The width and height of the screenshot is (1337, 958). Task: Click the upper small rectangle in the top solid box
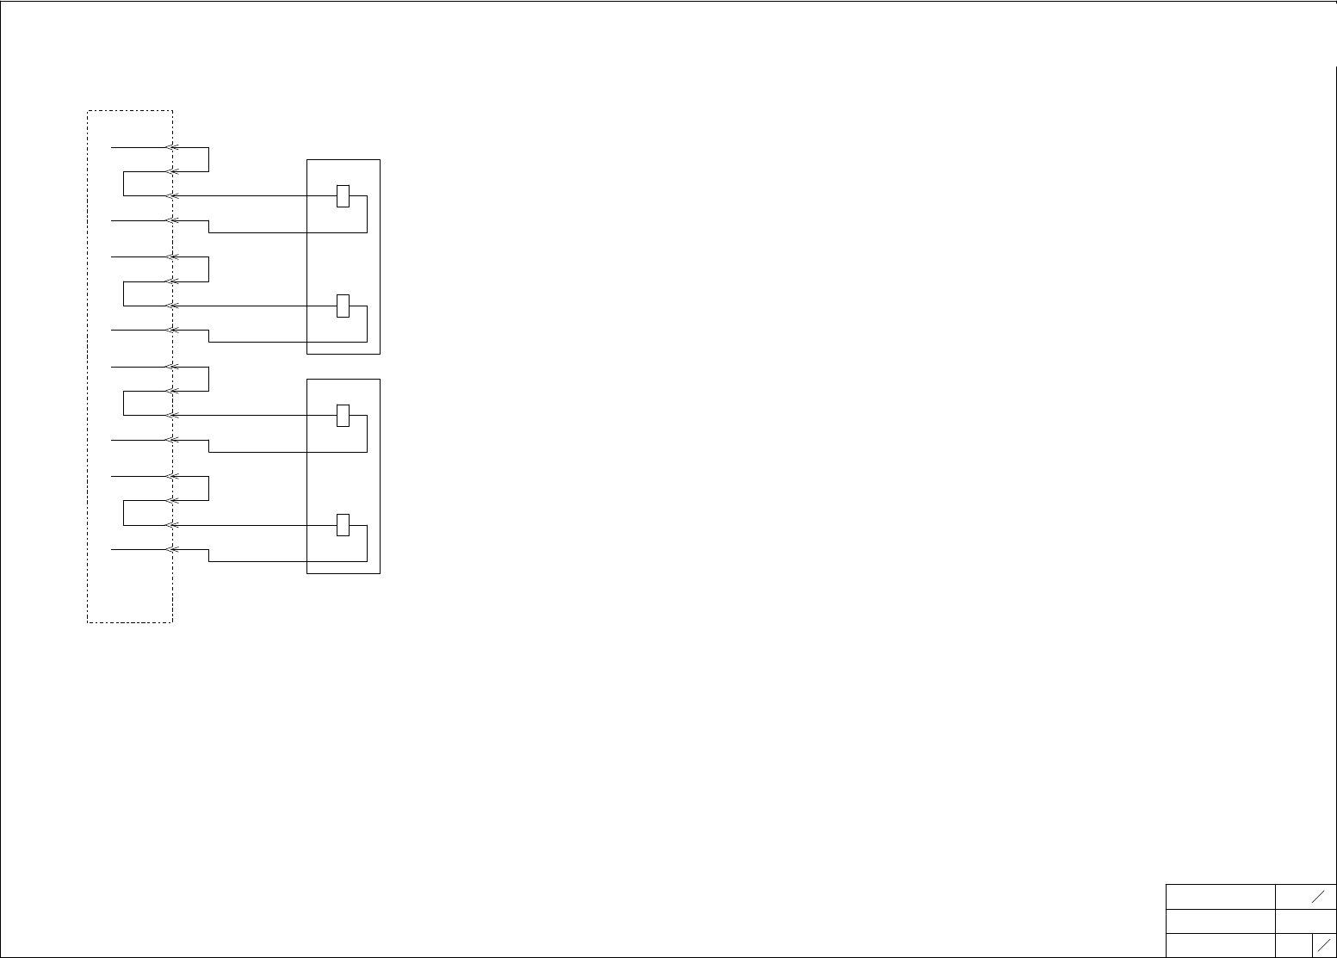[x=343, y=195]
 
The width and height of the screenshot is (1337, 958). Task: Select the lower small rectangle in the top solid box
[x=343, y=306]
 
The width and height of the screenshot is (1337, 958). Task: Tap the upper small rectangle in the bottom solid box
[x=343, y=415]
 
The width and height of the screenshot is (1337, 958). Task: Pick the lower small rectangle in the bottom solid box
[x=343, y=524]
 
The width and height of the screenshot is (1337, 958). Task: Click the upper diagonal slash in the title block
[x=1317, y=897]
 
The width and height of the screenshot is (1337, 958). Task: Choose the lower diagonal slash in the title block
[x=1324, y=946]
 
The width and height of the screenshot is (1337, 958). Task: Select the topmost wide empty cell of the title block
[x=1220, y=896]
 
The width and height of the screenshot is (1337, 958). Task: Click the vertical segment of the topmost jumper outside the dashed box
[x=208, y=159]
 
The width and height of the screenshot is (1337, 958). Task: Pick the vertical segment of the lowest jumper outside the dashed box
[x=208, y=488]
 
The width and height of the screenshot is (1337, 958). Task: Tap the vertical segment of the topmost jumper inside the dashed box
[x=124, y=184]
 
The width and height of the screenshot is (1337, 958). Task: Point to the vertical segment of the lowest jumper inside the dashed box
[x=124, y=513]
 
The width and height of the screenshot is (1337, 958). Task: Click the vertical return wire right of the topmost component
[x=367, y=214]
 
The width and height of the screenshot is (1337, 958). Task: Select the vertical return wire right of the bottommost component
[x=367, y=543]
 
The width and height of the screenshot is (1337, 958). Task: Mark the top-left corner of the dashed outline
[x=88, y=111]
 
